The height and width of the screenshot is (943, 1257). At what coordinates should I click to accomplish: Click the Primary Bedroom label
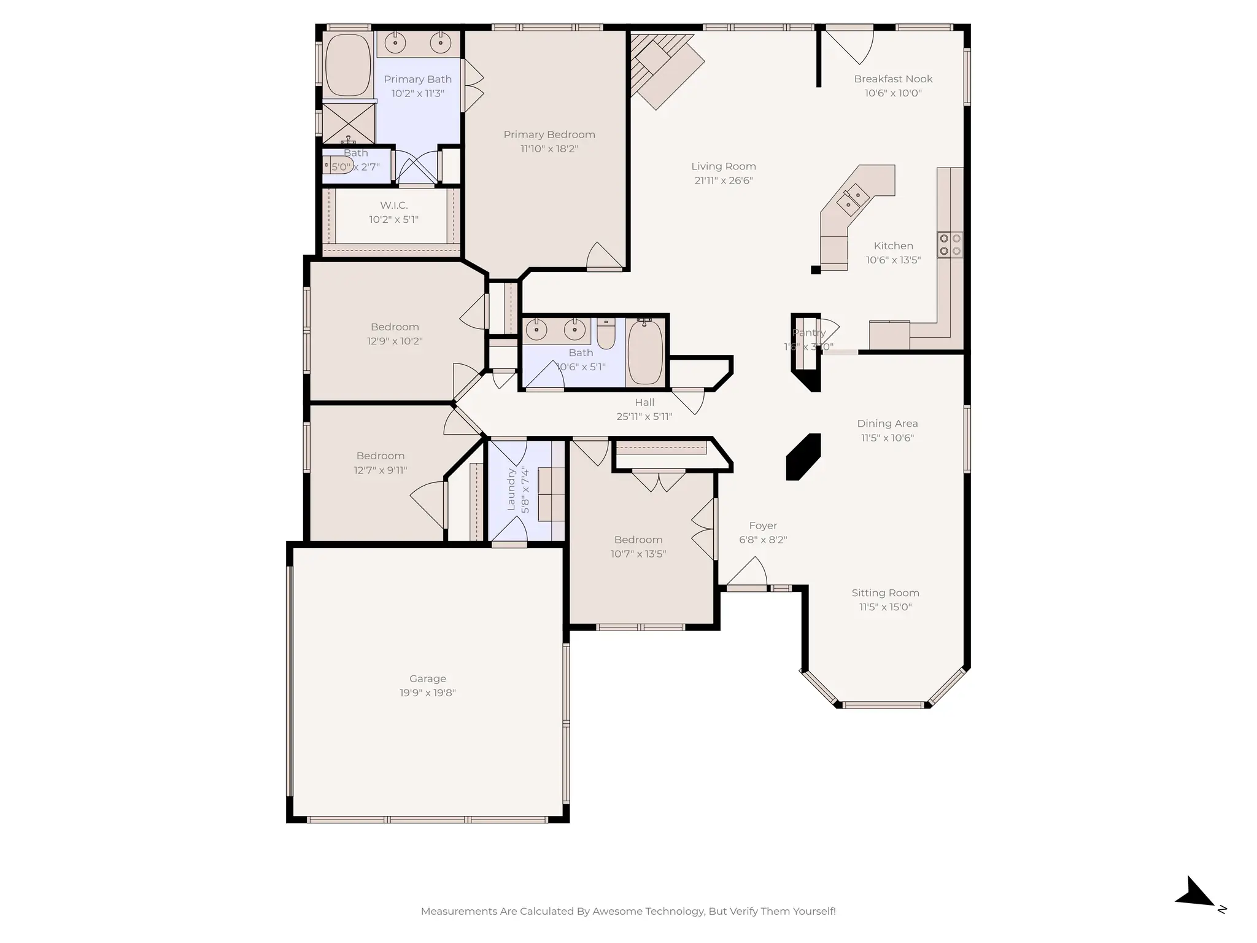549,134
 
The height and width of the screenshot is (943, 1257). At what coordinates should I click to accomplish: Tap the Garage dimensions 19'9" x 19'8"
427,693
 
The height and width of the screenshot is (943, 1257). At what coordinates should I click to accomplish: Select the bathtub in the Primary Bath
348,65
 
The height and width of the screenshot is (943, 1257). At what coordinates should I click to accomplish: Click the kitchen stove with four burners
950,244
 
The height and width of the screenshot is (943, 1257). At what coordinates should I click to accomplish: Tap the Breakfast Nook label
893,79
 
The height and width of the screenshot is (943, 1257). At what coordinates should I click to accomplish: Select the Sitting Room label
885,592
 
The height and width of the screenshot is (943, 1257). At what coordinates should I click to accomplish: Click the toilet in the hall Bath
606,334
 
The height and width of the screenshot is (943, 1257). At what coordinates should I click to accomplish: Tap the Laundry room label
511,489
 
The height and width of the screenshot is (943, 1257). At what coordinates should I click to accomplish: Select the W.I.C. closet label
393,205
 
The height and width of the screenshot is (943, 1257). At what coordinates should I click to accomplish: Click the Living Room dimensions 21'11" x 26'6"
724,180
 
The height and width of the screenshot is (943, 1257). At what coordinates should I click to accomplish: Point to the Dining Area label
888,423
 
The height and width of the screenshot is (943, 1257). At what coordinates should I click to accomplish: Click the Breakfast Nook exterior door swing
850,45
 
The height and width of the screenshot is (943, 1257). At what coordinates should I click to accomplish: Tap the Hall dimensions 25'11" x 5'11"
644,416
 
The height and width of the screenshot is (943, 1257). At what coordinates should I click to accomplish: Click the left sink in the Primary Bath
395,43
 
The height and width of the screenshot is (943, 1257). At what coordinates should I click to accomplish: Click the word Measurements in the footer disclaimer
459,911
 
